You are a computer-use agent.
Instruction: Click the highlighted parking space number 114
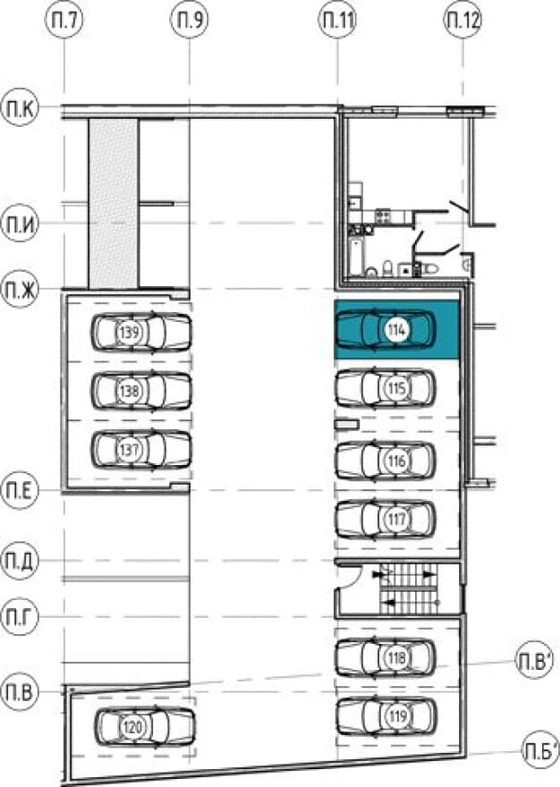(x=397, y=330)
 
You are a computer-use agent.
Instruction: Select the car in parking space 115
(x=386, y=388)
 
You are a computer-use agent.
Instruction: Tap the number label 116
(x=397, y=461)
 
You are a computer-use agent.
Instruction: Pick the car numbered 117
(x=386, y=519)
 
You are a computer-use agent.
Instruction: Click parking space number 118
(x=397, y=657)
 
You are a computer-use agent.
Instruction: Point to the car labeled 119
(x=386, y=716)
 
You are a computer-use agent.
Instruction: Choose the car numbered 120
(x=145, y=726)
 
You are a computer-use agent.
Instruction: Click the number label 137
(x=130, y=449)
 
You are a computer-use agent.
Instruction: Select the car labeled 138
(x=141, y=391)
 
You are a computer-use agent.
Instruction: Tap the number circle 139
(x=130, y=332)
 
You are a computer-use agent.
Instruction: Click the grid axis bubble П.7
(x=64, y=21)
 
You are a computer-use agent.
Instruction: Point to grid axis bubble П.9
(x=190, y=21)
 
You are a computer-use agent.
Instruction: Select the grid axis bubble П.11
(x=337, y=21)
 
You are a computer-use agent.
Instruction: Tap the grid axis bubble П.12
(x=462, y=21)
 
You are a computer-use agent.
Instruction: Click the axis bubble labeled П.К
(x=20, y=108)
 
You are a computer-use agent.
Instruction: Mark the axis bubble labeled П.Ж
(x=20, y=290)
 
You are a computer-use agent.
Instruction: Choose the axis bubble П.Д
(x=20, y=561)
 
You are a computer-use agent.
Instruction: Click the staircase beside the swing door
(x=408, y=588)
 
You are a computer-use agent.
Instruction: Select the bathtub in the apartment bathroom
(x=355, y=257)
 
